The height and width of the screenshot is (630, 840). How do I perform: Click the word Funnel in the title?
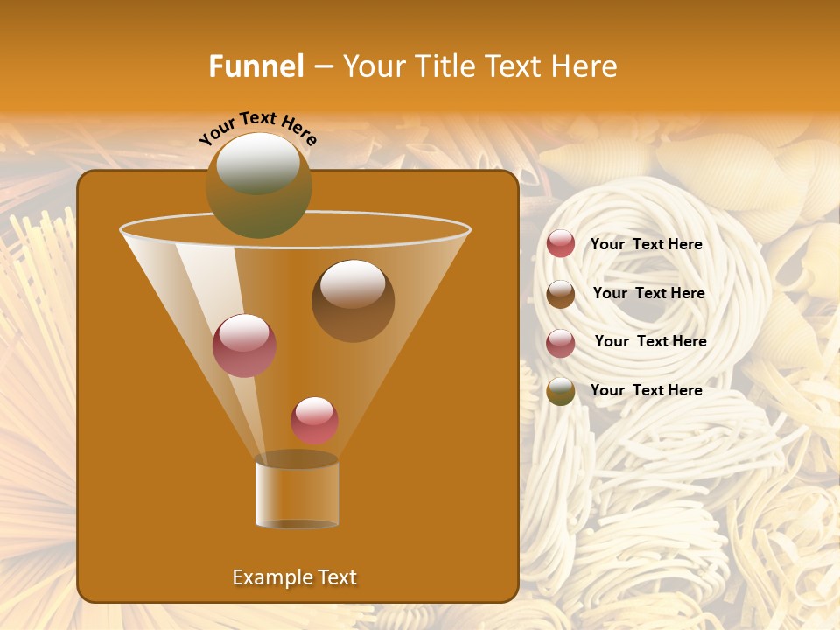[x=255, y=66]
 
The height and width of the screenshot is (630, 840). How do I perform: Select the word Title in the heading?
[x=442, y=66]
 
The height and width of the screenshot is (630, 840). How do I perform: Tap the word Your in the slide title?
[x=372, y=66]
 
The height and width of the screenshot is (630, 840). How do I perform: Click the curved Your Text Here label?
[x=257, y=128]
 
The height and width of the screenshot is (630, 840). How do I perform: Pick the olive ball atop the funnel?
[x=258, y=185]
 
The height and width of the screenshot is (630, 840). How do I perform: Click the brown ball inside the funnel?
[x=353, y=302]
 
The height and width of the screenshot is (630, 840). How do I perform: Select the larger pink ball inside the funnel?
[x=244, y=345]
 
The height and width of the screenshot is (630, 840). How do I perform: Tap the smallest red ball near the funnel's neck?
[x=314, y=420]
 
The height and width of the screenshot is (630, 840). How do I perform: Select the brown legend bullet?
[x=561, y=294]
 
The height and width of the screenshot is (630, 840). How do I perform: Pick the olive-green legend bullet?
[x=561, y=391]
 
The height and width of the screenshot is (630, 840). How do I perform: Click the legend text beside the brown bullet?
[x=648, y=293]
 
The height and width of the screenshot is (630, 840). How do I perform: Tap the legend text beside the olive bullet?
[x=646, y=390]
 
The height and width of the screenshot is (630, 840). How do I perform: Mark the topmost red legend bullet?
[x=561, y=244]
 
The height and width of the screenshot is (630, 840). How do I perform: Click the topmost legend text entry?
[x=646, y=244]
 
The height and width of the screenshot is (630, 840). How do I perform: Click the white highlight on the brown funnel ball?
[x=353, y=283]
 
